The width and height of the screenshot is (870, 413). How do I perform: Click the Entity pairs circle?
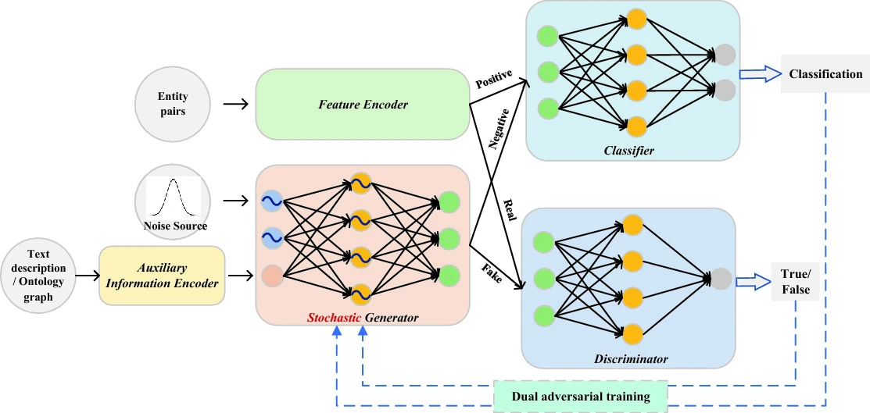click(173, 103)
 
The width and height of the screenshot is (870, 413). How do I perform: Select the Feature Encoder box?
click(363, 104)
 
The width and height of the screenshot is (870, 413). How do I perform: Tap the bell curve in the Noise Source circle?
click(173, 198)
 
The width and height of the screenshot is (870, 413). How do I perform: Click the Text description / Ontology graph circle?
click(38, 276)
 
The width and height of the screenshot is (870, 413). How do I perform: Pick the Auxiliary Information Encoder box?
click(162, 276)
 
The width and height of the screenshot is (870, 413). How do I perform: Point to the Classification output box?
click(825, 74)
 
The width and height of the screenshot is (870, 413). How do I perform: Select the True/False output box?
click(795, 281)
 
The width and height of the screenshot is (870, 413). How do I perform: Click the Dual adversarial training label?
click(581, 396)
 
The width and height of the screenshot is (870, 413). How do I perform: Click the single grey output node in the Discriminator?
click(721, 278)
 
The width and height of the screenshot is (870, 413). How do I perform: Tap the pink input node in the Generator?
click(273, 275)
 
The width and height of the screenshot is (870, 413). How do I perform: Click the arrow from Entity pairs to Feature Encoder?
click(234, 103)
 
